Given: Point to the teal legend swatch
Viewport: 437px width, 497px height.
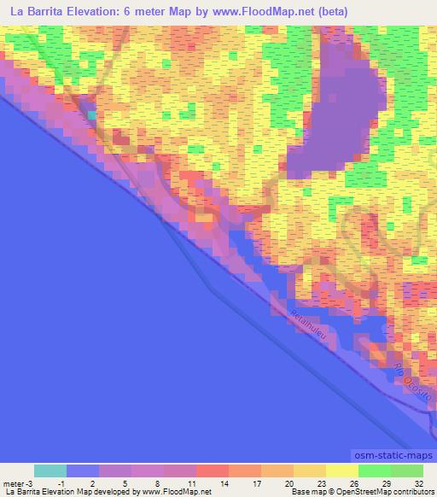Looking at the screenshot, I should click(x=50, y=471).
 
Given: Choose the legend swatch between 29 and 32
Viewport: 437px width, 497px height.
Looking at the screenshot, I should click(x=407, y=471).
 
